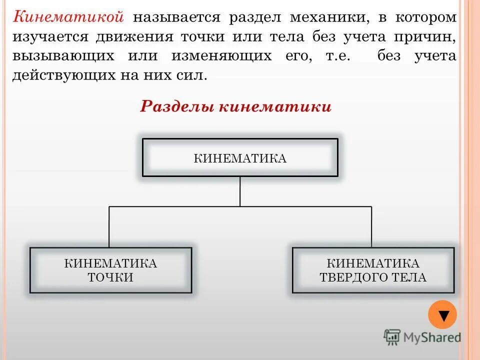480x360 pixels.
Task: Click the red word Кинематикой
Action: (68, 17)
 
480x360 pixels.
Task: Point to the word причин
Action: (429, 37)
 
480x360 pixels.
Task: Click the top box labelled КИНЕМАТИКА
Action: (240, 158)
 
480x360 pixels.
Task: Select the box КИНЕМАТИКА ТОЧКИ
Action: (110, 270)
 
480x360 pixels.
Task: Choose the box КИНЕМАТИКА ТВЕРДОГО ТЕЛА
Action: (373, 270)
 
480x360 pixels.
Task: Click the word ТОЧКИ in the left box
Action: (110, 277)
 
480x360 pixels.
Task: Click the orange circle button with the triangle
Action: (442, 314)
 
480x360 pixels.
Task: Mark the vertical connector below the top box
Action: (240, 191)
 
